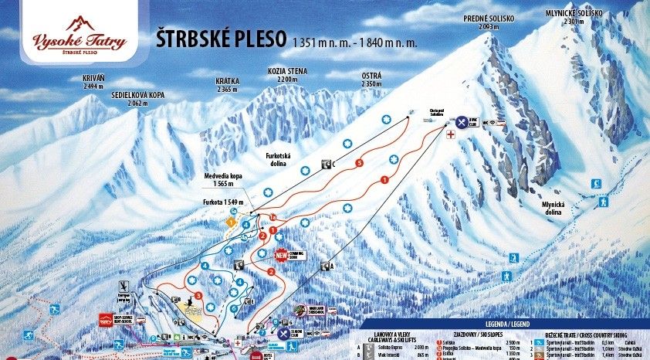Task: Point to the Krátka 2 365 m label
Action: [228, 85]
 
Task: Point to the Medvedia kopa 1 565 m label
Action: [224, 180]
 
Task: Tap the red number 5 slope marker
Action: [359, 164]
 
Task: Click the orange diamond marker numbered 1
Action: [229, 222]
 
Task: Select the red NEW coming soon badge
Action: [281, 255]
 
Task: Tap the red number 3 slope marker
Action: [198, 295]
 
